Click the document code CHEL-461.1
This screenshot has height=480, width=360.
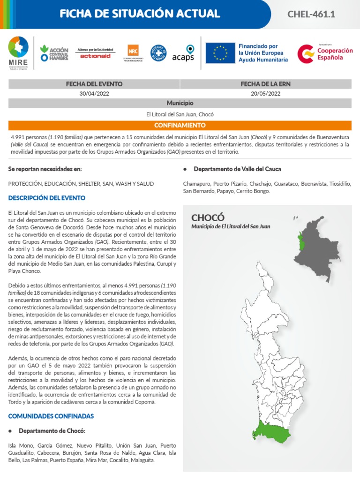click(311, 14)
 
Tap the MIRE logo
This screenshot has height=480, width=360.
click(18, 52)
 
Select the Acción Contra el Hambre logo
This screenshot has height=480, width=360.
click(54, 53)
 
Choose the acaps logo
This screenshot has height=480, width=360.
click(183, 53)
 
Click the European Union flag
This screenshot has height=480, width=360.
click(220, 52)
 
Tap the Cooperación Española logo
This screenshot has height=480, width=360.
click(325, 53)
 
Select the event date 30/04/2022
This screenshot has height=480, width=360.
click(94, 93)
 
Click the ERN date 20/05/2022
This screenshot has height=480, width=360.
click(266, 93)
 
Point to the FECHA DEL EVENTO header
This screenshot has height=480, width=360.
click(94, 84)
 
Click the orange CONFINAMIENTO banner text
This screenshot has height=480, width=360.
click(180, 126)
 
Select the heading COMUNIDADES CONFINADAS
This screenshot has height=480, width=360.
click(51, 416)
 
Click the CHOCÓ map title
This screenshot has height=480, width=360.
click(208, 218)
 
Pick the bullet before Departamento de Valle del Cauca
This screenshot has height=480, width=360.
click(186, 169)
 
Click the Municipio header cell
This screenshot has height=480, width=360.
click(180, 103)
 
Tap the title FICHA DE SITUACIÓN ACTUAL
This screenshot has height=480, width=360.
click(140, 14)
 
